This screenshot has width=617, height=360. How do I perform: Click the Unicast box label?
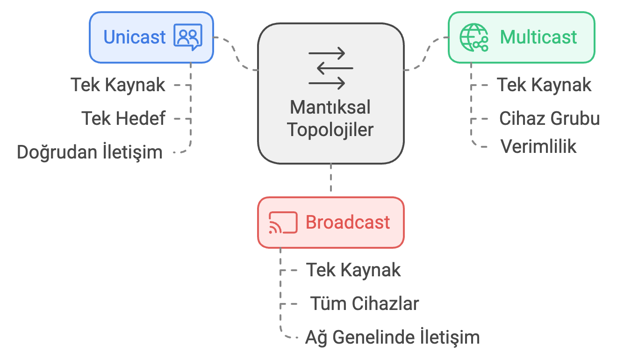135,37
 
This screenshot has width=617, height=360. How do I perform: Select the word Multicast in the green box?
538,37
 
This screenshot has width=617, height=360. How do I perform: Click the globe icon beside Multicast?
474,37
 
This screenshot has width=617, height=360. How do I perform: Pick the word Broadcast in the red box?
348,222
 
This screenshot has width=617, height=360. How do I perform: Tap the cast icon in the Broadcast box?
283,223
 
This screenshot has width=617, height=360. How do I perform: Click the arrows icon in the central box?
330,68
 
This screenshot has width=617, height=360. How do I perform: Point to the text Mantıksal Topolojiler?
330,118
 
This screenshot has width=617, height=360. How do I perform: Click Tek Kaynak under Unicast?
118,85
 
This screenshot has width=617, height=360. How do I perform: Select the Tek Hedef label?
124,119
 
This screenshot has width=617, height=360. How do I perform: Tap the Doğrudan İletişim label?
90,152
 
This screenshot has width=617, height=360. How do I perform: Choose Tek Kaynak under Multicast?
544,85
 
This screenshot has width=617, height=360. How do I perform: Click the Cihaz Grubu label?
549,119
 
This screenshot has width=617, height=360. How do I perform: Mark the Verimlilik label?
538,146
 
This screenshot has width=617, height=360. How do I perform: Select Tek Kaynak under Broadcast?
353,270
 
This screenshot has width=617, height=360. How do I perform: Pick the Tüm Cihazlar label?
365,303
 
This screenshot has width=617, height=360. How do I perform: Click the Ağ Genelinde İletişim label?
393,337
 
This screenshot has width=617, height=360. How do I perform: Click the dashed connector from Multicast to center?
425,54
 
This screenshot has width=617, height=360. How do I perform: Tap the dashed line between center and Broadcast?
331,180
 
